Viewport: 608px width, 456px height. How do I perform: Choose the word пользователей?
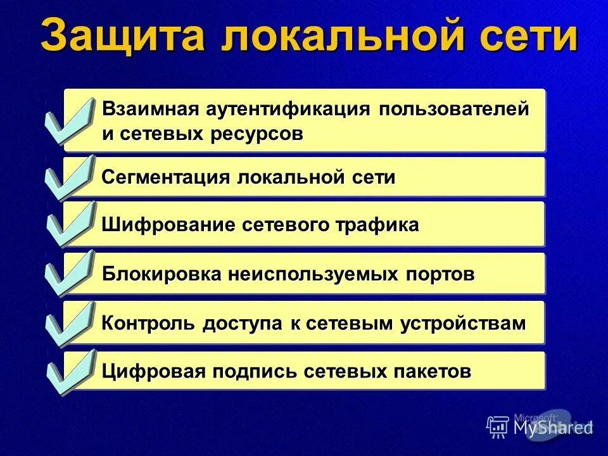(x=454, y=109)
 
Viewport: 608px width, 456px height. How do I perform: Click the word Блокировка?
(x=161, y=274)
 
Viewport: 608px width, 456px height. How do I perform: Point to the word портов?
(x=438, y=274)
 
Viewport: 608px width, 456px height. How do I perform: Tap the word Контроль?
(x=149, y=323)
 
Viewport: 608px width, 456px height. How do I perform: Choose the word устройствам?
(x=463, y=323)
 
